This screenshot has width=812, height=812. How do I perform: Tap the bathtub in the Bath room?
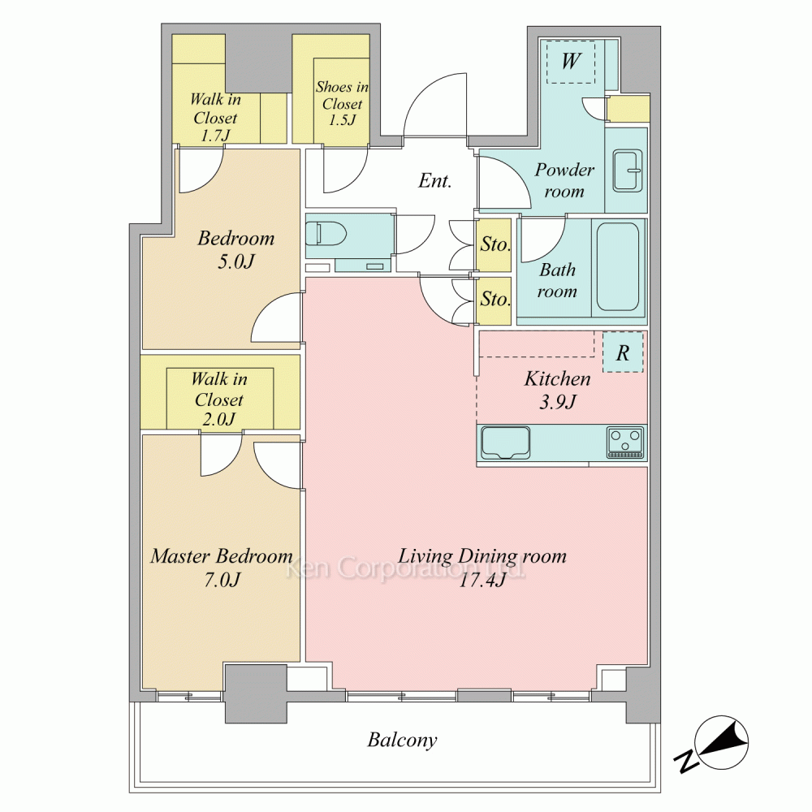point(618,266)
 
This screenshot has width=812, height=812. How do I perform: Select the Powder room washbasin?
point(627,170)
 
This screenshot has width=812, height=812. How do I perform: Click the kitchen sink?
point(505,443)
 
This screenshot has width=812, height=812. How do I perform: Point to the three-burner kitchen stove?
point(625,443)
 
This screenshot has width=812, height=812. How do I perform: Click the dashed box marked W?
point(571,62)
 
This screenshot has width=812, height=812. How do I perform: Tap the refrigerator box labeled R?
point(623,352)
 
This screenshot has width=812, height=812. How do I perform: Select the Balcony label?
point(402,740)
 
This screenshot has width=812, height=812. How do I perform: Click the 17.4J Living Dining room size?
point(482,581)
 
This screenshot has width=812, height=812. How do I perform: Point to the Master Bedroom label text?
point(222,556)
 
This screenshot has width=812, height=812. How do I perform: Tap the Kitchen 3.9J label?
point(557,390)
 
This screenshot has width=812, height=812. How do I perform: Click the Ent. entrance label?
point(435,181)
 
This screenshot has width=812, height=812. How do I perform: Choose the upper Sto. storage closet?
point(494,244)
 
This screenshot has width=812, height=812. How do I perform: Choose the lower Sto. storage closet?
point(494,301)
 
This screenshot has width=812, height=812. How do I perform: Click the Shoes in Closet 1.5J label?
point(343,103)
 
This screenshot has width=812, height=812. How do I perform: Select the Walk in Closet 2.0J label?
point(219,400)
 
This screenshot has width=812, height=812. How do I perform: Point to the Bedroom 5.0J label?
point(236,249)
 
